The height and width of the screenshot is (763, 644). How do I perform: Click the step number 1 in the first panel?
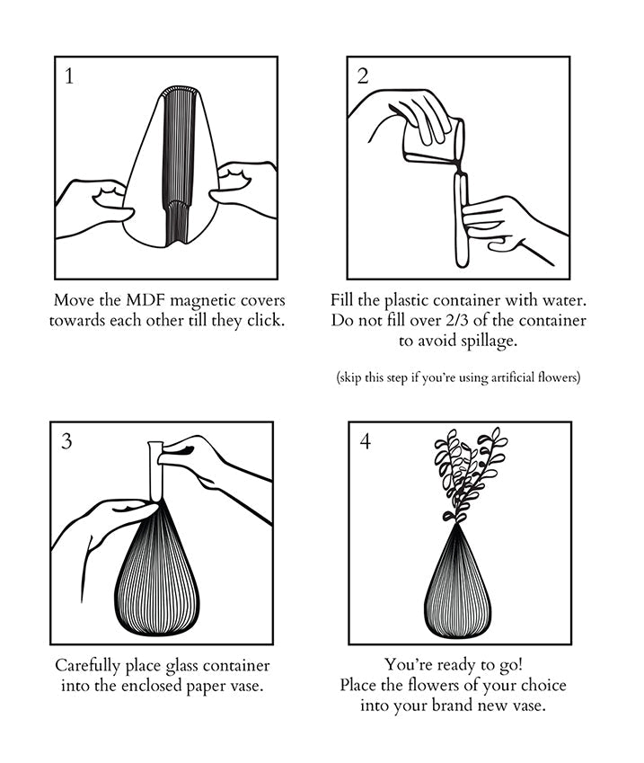(x=68, y=76)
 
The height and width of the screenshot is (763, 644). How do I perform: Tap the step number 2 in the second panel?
(x=363, y=76)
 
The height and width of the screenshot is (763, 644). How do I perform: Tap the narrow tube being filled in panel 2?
(x=462, y=220)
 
